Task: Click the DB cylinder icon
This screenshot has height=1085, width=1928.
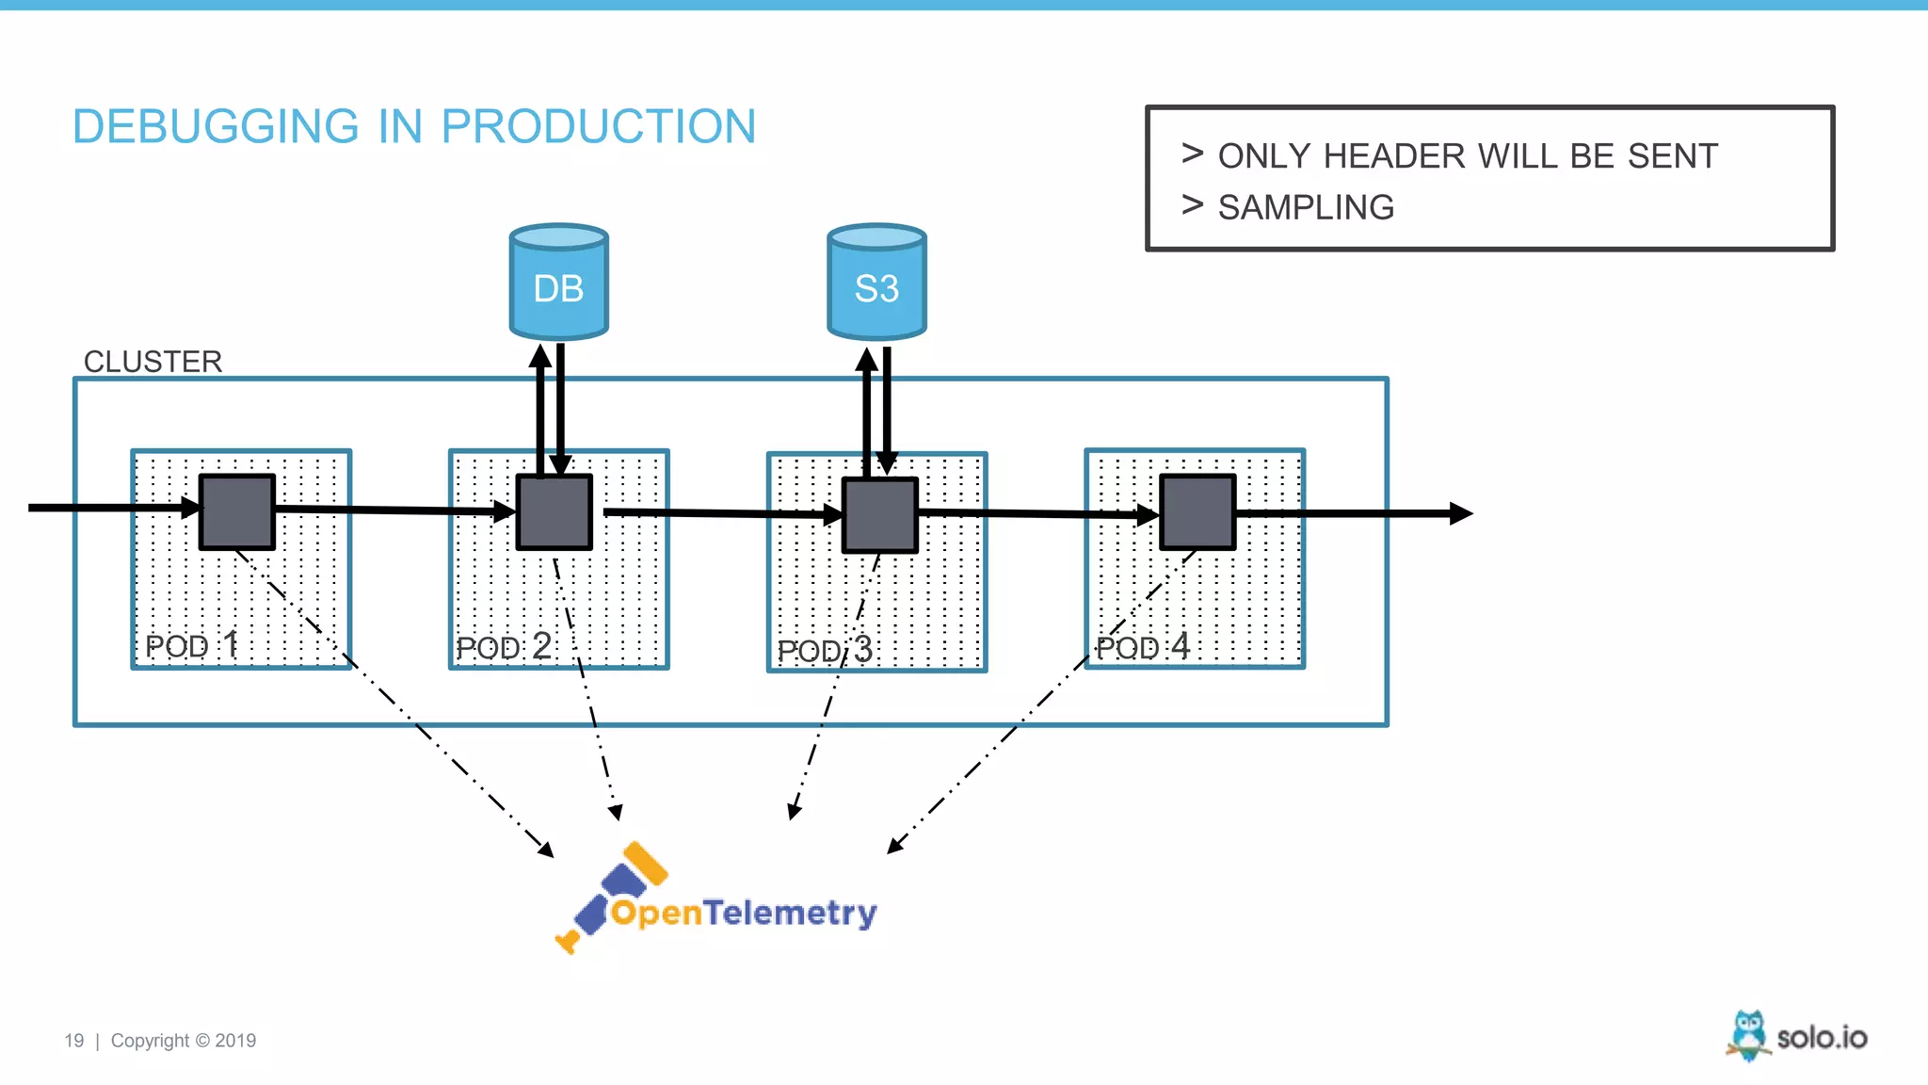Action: pos(558,283)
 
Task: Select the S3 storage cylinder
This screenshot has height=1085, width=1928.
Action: pos(876,283)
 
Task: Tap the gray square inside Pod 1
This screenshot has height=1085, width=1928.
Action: pos(237,511)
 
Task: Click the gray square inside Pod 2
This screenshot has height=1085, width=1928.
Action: pos(554,511)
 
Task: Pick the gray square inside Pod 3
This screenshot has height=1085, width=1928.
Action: pos(879,514)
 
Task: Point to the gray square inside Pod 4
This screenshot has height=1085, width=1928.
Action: pos(1197,511)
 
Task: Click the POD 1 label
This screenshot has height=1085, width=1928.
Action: pos(191,646)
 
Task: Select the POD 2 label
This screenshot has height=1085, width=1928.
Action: pos(504,647)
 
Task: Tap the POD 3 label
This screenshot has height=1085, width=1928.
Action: pos(825,650)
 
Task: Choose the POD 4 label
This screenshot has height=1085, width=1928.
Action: pos(1142,647)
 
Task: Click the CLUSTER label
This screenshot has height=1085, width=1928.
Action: pos(153,362)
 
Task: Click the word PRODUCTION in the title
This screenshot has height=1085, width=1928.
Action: pos(598,126)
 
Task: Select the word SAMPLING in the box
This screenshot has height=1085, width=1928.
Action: pos(1306,207)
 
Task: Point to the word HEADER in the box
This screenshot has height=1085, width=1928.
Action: pos(1394,156)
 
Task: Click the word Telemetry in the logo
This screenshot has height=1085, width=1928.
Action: pos(790,913)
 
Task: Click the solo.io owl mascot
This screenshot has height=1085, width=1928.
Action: pos(1748,1035)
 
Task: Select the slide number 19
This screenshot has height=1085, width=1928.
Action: pos(73,1041)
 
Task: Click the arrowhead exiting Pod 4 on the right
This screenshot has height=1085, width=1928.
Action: pos(1461,513)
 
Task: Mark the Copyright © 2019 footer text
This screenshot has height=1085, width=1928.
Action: pos(184,1041)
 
